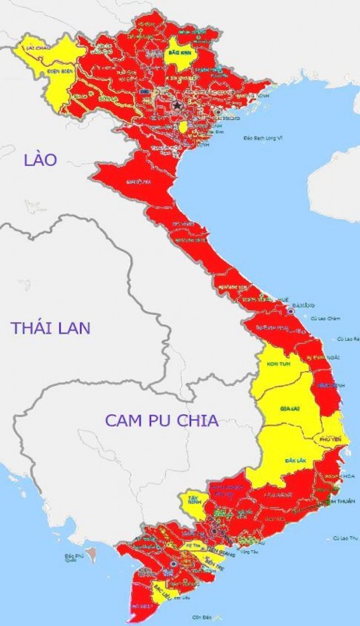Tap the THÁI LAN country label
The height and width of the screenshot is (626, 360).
coord(50,327)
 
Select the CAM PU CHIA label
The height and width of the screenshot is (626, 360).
coord(161,420)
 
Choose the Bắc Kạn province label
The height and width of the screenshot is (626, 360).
coord(179,54)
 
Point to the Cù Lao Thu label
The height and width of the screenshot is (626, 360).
coord(343,538)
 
